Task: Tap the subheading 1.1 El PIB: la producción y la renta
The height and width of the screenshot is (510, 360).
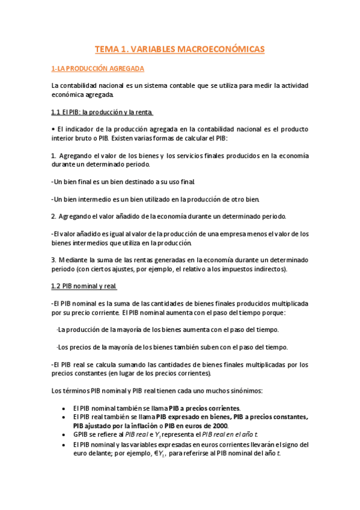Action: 102,112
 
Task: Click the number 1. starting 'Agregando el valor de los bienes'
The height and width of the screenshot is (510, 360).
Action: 54,156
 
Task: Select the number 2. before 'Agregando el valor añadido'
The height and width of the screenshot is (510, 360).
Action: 54,216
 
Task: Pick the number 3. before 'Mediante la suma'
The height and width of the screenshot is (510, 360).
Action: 54,260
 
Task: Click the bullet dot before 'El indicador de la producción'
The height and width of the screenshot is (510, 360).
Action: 53,129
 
